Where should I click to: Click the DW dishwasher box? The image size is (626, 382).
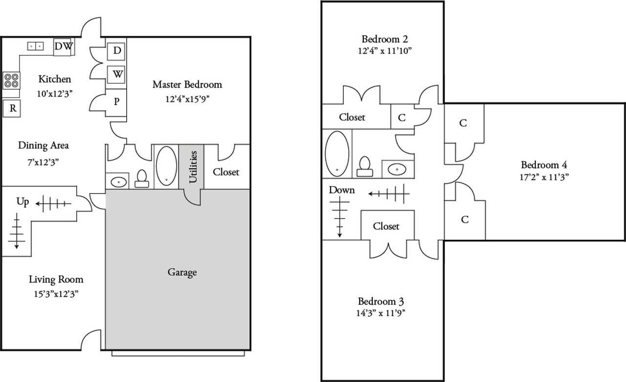[62, 47]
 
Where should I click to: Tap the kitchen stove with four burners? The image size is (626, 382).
[11, 81]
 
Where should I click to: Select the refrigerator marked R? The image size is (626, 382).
[12, 108]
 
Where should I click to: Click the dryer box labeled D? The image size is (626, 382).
[116, 51]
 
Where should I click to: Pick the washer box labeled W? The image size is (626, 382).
[116, 75]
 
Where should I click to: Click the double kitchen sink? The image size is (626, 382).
[36, 46]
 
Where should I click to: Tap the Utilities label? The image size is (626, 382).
[193, 167]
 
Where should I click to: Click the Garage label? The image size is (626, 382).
[182, 272]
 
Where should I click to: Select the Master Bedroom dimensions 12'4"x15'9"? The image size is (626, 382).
[187, 99]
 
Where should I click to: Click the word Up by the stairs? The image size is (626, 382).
[22, 202]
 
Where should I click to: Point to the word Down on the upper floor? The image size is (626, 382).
[342, 190]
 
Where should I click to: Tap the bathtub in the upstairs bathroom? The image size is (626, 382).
[337, 154]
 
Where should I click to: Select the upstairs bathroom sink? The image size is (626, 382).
[397, 169]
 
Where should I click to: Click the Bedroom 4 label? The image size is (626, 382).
[544, 165]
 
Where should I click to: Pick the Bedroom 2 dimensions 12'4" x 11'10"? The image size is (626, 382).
[384, 51]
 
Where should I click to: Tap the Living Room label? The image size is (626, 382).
[56, 279]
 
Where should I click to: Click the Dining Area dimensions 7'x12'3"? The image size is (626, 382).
[43, 162]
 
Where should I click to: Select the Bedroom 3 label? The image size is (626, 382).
[380, 301]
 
